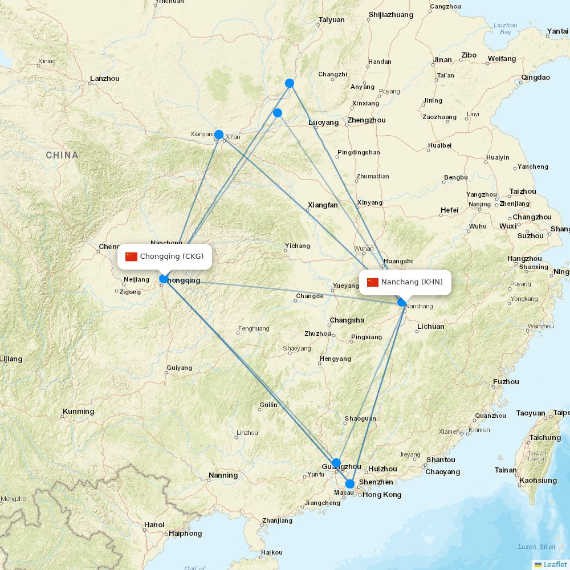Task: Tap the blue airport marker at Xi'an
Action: tap(218, 135)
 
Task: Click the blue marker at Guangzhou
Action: tap(336, 463)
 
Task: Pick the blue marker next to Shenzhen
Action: tap(350, 484)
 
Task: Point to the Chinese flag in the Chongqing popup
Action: tap(132, 256)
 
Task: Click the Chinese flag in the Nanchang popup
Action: tap(373, 282)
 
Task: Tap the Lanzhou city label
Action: tap(105, 79)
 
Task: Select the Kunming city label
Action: tap(79, 412)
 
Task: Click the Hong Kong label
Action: tap(382, 495)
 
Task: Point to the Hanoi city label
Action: tap(154, 525)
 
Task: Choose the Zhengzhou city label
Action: tap(367, 120)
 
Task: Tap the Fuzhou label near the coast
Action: tap(506, 382)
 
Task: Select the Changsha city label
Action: tap(347, 320)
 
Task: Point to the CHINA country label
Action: tap(62, 155)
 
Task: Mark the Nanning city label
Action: tap(223, 475)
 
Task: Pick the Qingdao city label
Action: tap(536, 78)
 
